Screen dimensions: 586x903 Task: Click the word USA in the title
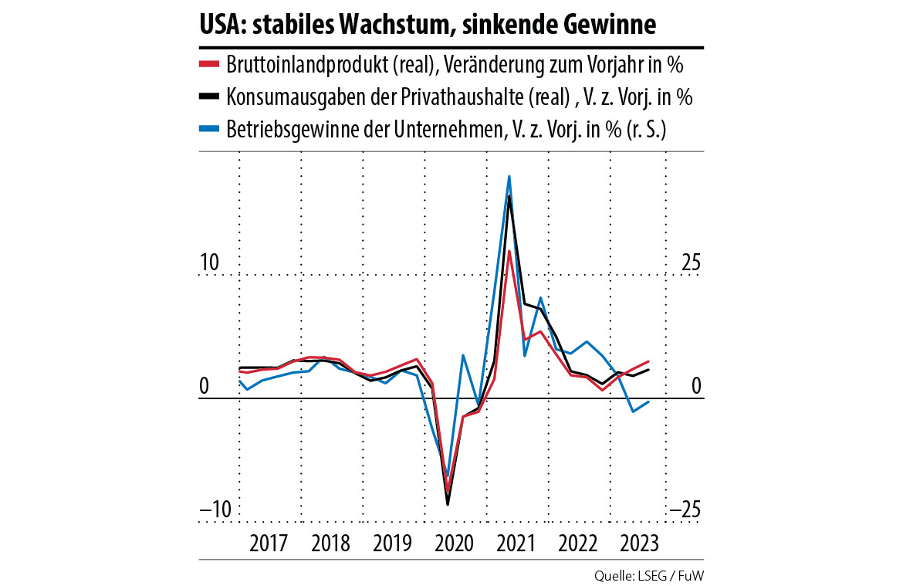pyautogui.click(x=222, y=25)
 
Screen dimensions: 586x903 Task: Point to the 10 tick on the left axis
pyautogui.click(x=210, y=263)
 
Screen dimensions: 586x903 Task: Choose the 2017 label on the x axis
pyautogui.click(x=269, y=543)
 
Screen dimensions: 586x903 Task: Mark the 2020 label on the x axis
pyautogui.click(x=455, y=543)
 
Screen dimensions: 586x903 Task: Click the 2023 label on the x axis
pyautogui.click(x=640, y=543)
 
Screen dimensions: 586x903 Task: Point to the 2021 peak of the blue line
pyautogui.click(x=509, y=176)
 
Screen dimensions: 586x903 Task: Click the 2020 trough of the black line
pyautogui.click(x=448, y=505)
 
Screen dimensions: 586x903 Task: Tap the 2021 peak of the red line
pyautogui.click(x=509, y=251)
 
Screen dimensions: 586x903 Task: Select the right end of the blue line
pyautogui.click(x=649, y=401)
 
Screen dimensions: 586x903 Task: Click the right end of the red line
pyautogui.click(x=649, y=361)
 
